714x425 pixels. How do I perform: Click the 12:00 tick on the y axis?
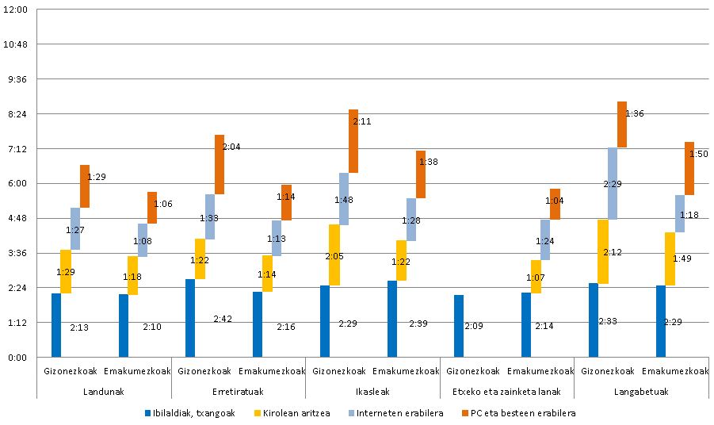(x=17, y=10)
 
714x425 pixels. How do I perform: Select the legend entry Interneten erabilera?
(x=391, y=413)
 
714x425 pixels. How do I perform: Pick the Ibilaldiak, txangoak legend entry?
(x=189, y=413)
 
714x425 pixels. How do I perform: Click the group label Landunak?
(x=104, y=392)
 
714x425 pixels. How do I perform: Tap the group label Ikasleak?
(x=372, y=392)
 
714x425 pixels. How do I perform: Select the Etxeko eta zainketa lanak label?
(x=506, y=392)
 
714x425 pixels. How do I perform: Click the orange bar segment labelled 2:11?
(x=353, y=141)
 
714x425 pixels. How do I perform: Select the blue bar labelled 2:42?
(x=190, y=318)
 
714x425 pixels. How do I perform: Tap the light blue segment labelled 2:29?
(x=613, y=183)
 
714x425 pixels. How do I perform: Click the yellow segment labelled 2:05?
(x=334, y=255)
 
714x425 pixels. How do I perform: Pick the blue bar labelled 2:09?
(x=459, y=326)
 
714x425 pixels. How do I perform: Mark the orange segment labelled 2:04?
(x=219, y=164)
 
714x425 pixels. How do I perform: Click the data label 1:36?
(x=635, y=113)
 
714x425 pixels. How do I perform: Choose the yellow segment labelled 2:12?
(x=602, y=251)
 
